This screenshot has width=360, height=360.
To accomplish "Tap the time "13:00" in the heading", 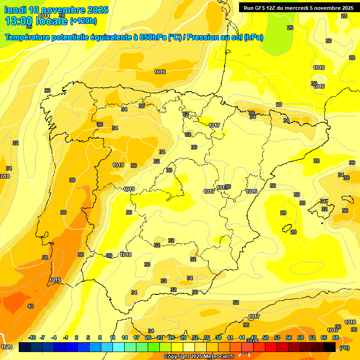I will coord(19,21).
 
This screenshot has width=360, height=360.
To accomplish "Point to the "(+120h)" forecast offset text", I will coord(83,21).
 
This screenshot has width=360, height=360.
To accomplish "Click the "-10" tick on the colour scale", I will coord(32,337).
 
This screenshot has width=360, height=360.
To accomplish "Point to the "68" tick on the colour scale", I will coord(335,337).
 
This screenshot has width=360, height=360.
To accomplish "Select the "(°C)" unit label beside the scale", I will coord(344,347).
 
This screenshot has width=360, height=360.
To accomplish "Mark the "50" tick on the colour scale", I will coord(265,337).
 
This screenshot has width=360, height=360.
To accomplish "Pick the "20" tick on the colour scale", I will coord(148,337).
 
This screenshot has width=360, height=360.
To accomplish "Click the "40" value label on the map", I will coord(30,306).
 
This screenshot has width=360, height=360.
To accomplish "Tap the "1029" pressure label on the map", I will coord(7,347).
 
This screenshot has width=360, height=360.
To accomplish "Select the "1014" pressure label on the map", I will coord(44,15).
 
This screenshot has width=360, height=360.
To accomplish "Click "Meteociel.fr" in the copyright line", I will coord(217,357).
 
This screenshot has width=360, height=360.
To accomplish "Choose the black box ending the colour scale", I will coord(330,347).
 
